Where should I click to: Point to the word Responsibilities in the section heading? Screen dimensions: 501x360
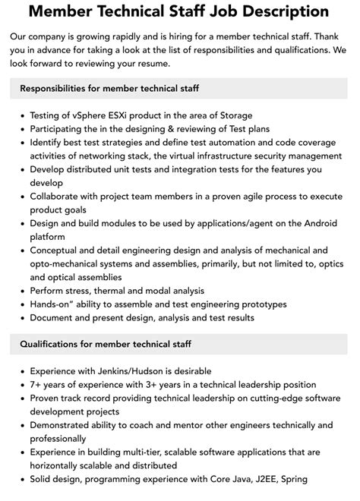pyautogui.click(x=58, y=89)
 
